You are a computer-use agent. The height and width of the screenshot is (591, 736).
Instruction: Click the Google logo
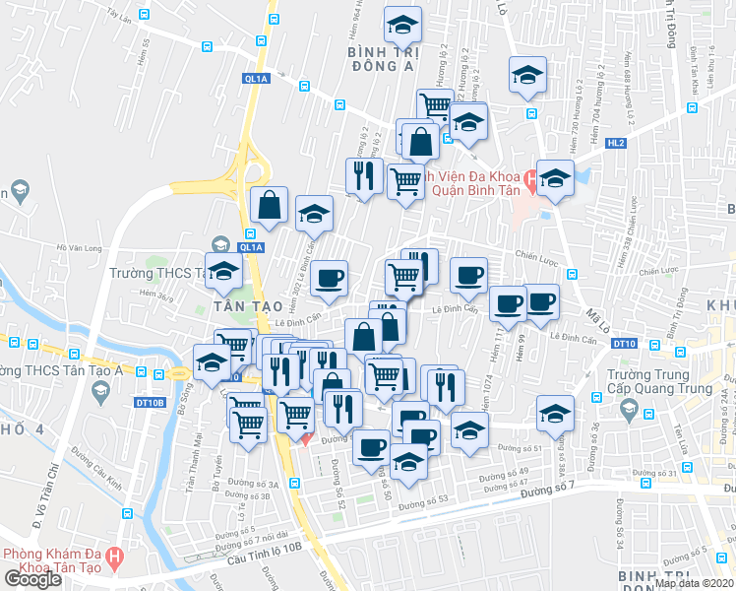[32, 578]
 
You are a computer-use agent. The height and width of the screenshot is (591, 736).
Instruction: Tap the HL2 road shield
[617, 143]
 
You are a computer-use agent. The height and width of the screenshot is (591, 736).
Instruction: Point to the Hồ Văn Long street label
[80, 248]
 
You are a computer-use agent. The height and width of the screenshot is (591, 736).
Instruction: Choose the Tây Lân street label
[120, 17]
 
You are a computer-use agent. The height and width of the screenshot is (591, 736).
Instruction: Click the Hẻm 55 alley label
[146, 47]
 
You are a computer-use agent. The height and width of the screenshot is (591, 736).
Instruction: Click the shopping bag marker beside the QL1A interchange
[269, 204]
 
